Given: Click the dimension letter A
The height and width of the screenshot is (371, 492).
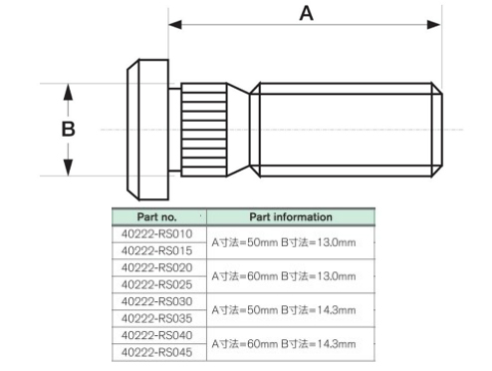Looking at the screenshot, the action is coord(306,14).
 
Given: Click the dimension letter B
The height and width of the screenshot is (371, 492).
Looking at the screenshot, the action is coord(69,129).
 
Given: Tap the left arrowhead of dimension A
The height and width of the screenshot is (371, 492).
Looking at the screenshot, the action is coord(175,24).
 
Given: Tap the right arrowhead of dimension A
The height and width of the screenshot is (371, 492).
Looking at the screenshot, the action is coord(434,24).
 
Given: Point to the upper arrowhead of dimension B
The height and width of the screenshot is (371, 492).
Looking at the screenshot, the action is coord(68,92).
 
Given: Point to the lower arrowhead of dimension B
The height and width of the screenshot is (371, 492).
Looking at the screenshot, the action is coord(68,168).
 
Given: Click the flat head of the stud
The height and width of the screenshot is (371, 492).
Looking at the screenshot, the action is coord(147,130).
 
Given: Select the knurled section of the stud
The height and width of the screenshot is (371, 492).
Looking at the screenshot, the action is coord(204,130).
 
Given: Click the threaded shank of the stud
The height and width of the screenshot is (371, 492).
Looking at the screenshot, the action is coord(346,130).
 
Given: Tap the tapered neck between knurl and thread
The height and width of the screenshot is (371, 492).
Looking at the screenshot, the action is coord(238,130).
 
